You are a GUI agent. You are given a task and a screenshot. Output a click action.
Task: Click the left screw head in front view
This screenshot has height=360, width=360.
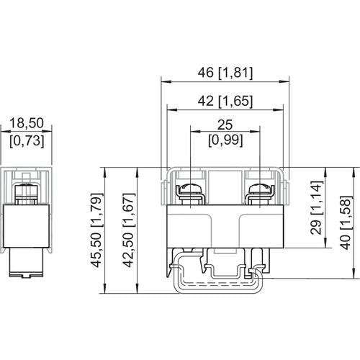point(190,189)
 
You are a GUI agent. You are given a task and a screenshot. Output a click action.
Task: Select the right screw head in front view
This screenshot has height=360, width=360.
point(260,189)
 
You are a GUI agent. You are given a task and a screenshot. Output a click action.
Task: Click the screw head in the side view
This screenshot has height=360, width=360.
point(26,190)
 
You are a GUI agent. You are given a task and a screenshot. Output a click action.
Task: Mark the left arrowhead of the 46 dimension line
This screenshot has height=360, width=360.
point(166,81)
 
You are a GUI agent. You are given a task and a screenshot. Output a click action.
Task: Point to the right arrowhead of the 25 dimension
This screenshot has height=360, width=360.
point(255,131)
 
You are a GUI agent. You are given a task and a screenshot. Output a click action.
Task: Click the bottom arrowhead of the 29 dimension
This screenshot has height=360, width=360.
point(325,243)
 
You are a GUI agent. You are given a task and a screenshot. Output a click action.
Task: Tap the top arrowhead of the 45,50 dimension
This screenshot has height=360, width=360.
point(105,172)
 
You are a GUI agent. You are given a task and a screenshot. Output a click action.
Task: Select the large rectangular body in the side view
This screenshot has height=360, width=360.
point(26,226)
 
